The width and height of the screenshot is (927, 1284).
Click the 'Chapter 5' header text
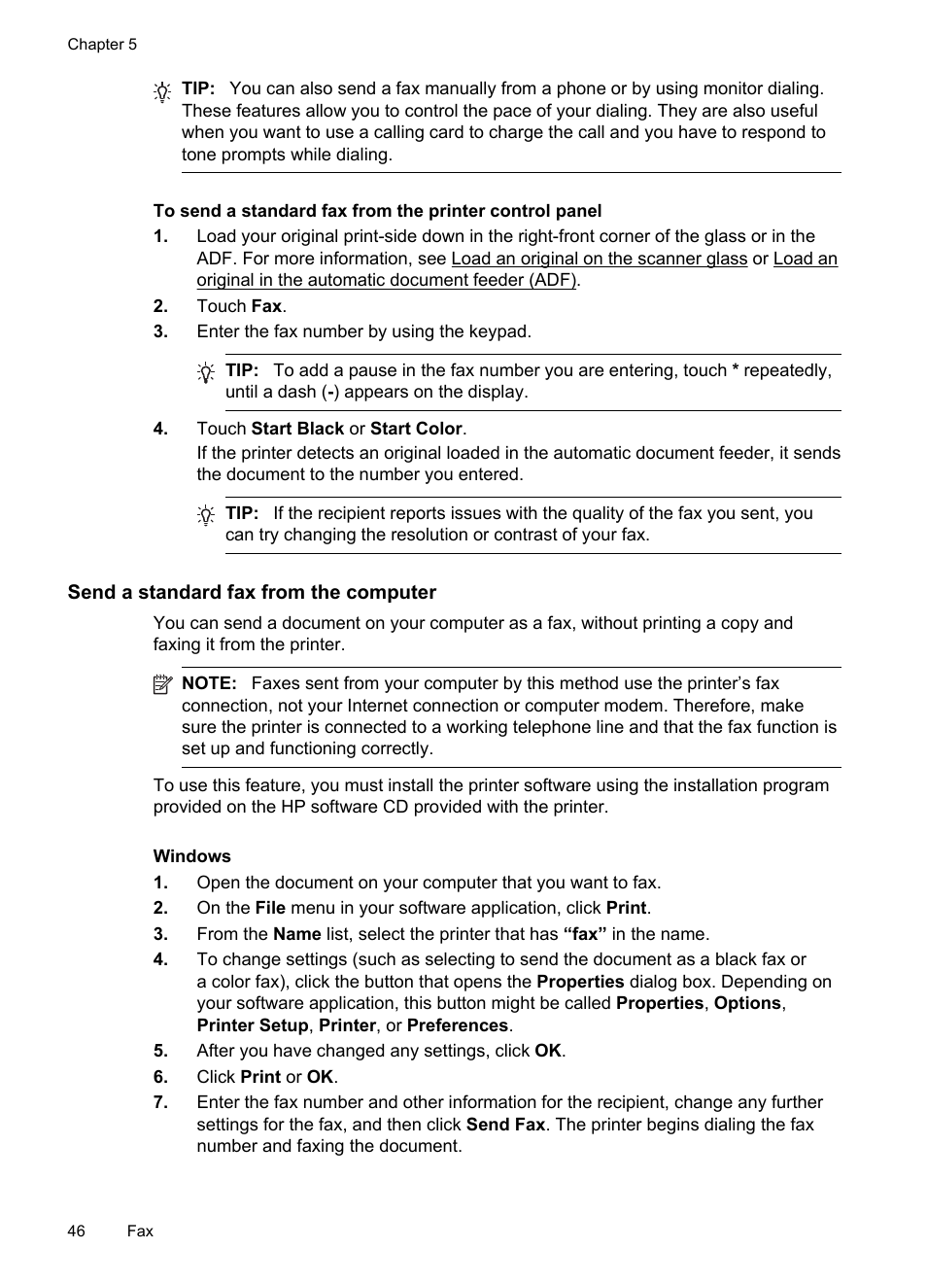(x=102, y=45)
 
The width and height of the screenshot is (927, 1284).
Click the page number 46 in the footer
(x=77, y=1231)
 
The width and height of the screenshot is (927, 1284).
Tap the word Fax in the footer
(x=140, y=1231)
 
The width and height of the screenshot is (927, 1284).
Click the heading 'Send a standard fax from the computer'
(x=252, y=592)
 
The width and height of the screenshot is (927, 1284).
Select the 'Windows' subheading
(x=191, y=856)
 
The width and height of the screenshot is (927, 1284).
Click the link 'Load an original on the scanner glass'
(x=599, y=259)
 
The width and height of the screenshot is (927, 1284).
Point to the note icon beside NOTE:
(x=162, y=685)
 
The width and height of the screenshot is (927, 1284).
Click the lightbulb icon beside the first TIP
(x=162, y=91)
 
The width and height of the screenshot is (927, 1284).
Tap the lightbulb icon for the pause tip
(x=206, y=372)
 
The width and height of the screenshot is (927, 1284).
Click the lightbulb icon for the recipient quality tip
(x=206, y=515)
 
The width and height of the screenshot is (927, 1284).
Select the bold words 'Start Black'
(x=297, y=429)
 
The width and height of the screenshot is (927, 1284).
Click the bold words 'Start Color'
(x=416, y=429)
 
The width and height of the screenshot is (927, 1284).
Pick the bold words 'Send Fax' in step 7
(x=505, y=1125)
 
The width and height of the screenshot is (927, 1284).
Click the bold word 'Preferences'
(x=457, y=1025)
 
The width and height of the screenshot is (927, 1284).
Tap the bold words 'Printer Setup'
(x=252, y=1025)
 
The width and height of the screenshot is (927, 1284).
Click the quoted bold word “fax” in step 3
(x=584, y=934)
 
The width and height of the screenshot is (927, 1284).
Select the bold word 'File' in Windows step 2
(x=270, y=908)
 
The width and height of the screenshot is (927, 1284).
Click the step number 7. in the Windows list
(x=160, y=1102)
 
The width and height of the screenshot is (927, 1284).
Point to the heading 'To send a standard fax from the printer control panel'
(x=377, y=211)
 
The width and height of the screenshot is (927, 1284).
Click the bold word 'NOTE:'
(x=209, y=683)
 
